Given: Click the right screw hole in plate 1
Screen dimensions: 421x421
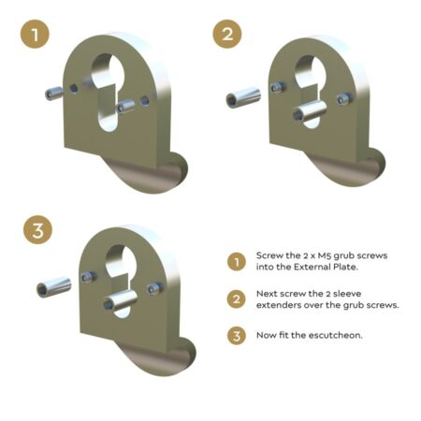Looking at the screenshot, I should click(143, 96).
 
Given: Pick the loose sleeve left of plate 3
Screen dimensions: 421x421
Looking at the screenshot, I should click(51, 285).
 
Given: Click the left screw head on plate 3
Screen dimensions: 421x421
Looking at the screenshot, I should click(87, 278).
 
